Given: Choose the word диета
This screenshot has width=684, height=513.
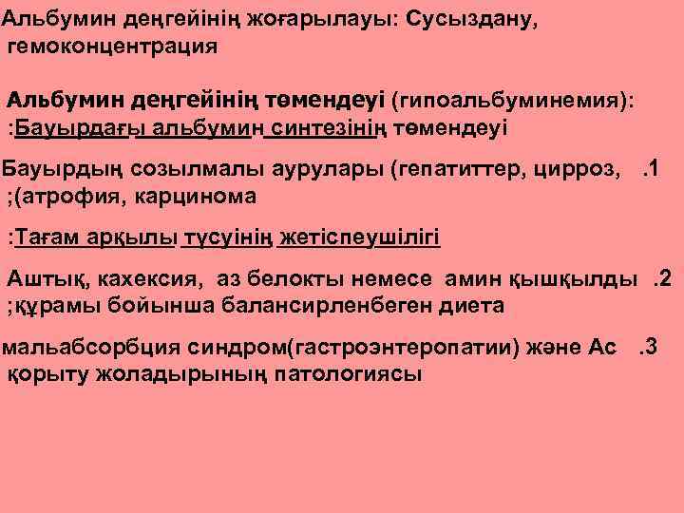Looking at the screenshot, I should (x=472, y=305).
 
